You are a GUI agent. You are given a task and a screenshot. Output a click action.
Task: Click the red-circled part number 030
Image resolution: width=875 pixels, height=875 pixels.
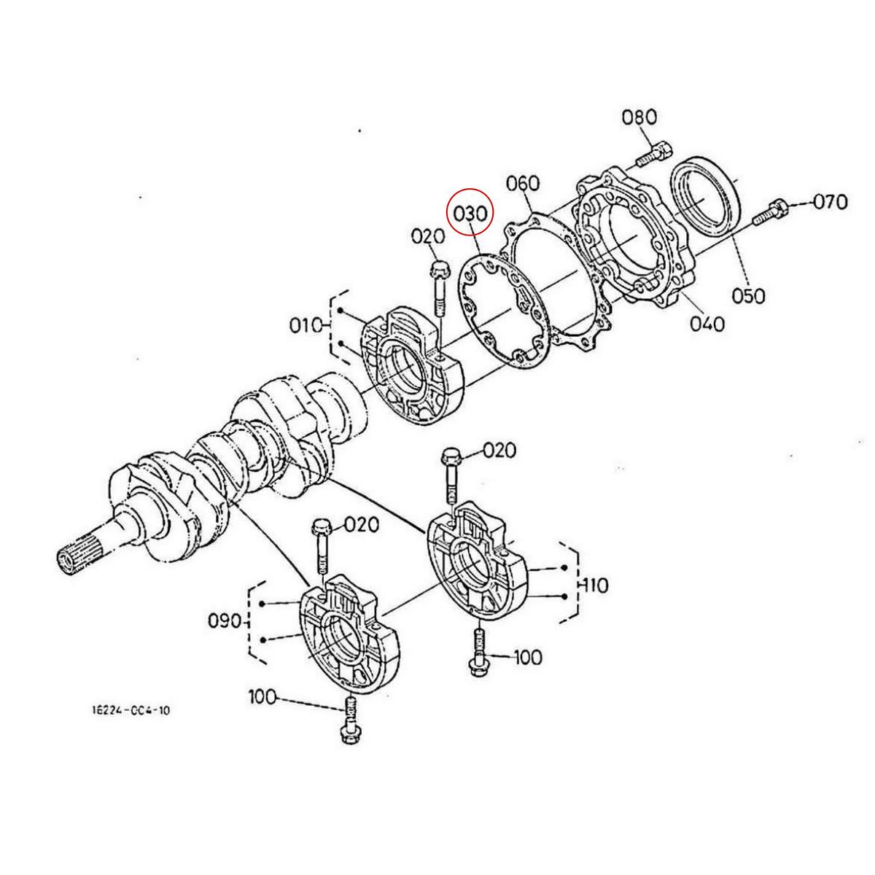coord(470,214)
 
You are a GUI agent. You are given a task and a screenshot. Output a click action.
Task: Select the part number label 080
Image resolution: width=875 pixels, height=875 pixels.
coord(639,117)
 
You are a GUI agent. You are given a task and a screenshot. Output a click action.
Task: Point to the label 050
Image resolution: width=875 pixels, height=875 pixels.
coord(749,295)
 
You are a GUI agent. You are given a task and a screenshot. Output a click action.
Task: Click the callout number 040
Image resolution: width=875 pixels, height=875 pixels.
coord(705,322)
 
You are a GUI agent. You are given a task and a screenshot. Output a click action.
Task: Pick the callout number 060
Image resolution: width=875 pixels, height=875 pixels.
coord(523,184)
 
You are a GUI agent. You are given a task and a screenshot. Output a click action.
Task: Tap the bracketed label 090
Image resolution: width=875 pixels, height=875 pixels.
coord(225,621)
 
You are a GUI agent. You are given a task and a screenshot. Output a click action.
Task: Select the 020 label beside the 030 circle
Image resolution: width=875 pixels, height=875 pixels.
coord(427,237)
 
